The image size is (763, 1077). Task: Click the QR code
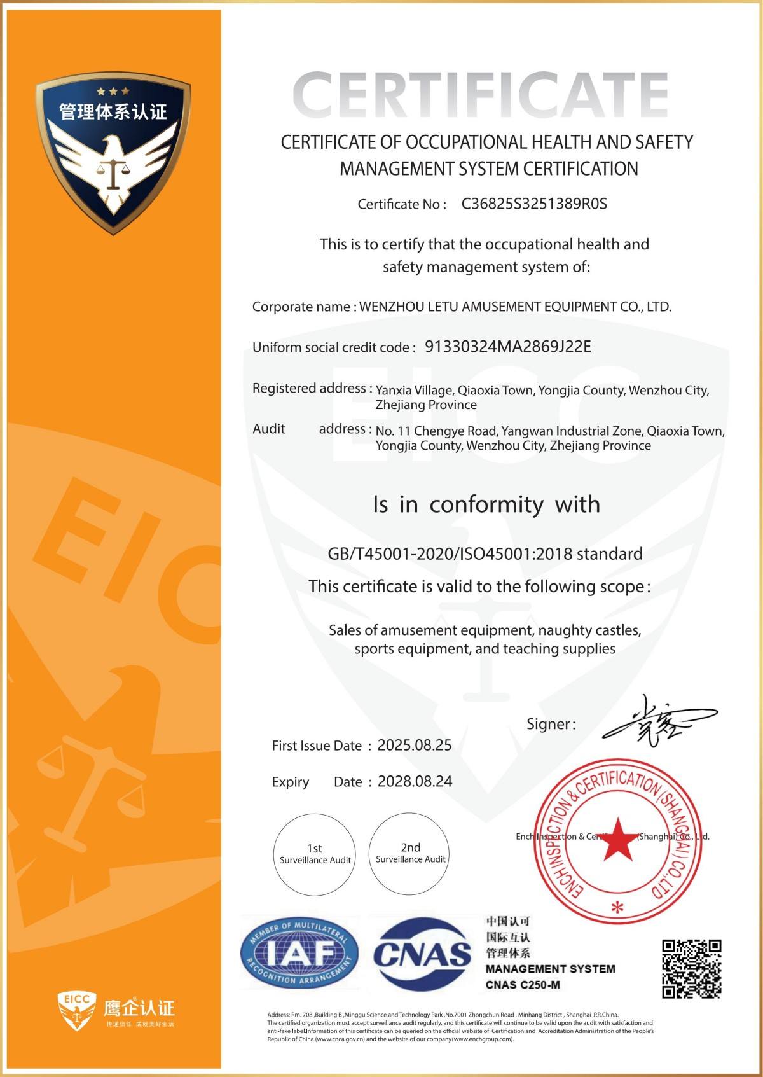691,968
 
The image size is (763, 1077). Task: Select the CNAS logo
422,952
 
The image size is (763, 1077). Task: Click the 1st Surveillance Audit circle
315,854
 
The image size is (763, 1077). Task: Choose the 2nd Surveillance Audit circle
410,852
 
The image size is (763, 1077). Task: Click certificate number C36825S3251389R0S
534,204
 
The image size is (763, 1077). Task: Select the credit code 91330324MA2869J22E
507,347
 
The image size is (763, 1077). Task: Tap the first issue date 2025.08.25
415,746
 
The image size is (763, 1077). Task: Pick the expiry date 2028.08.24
415,782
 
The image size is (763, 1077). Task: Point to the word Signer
549,724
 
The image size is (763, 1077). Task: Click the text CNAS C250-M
523,985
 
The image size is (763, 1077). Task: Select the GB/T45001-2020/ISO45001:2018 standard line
485,553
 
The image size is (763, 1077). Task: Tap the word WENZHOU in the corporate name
390,307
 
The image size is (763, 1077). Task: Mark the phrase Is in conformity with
486,504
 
